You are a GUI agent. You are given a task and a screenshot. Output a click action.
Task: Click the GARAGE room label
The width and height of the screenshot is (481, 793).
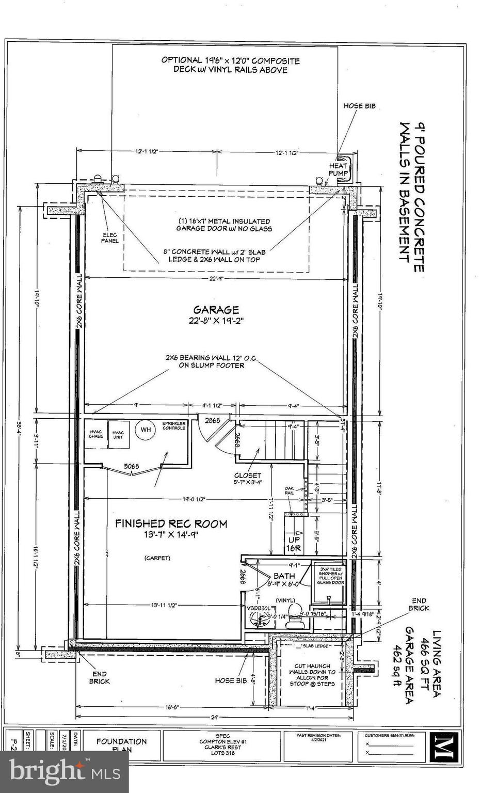pyautogui.click(x=216, y=310)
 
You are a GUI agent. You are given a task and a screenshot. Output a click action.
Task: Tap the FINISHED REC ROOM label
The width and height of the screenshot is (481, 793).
pyautogui.click(x=171, y=524)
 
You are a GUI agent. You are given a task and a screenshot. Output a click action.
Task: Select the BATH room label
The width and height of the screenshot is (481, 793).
pyautogui.click(x=284, y=576)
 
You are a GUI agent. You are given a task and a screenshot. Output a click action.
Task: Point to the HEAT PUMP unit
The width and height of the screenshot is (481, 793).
pyautogui.click(x=339, y=169)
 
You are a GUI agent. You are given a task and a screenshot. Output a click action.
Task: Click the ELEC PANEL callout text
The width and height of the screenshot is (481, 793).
pyautogui.click(x=109, y=237)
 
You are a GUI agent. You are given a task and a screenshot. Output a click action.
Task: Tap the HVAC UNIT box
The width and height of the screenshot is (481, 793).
pyautogui.click(x=118, y=435)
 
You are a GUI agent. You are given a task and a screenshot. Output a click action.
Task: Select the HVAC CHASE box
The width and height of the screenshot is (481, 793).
pyautogui.click(x=96, y=434)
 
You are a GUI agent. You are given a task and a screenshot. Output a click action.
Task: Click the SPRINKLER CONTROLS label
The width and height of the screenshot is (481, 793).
pyautogui.click(x=173, y=425)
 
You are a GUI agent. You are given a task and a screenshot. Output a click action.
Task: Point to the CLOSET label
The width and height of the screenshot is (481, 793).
pyautogui.click(x=248, y=475)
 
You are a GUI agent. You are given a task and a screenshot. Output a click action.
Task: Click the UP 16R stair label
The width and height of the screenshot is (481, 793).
pyautogui.click(x=294, y=544)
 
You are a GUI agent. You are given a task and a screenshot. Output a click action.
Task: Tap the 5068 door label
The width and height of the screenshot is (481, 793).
pyautogui.click(x=132, y=466)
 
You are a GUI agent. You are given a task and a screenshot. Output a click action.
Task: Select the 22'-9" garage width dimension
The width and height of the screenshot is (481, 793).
pyautogui.click(x=216, y=279)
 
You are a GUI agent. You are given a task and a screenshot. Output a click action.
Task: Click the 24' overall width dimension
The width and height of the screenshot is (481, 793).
pyautogui.click(x=215, y=717)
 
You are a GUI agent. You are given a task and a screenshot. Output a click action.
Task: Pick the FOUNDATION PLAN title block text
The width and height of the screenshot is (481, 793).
pyautogui.click(x=121, y=745)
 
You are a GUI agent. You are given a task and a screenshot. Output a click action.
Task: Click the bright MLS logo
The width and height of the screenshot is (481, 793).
pyautogui.click(x=64, y=772)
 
